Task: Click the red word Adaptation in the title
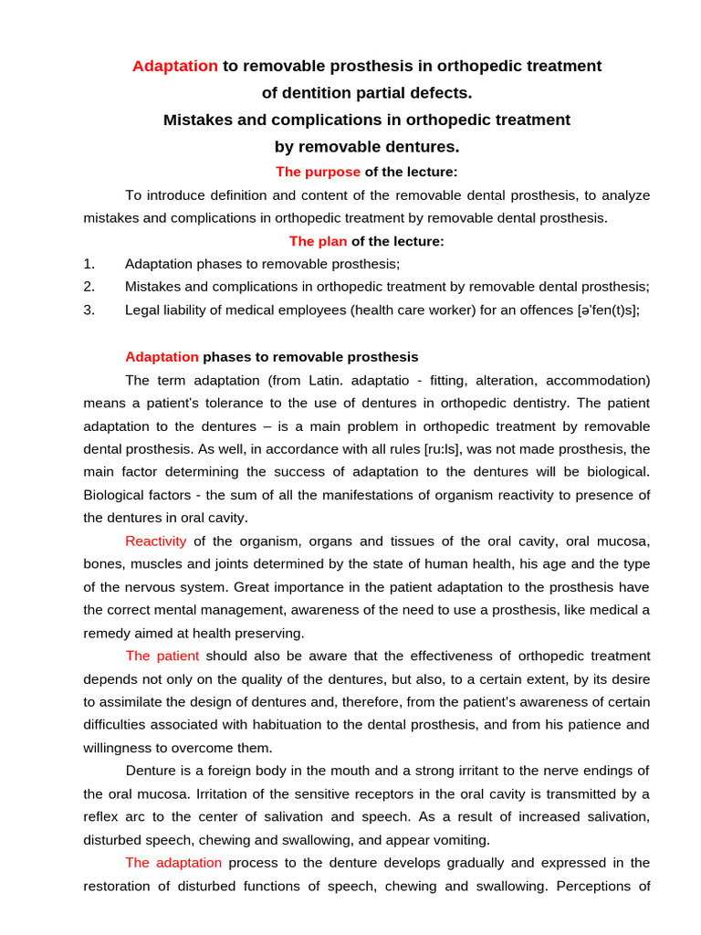tap(175, 66)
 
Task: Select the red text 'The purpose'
tap(318, 172)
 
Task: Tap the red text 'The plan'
tap(318, 241)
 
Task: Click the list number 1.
tap(89, 264)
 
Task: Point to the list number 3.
tap(89, 310)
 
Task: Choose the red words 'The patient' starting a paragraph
tap(162, 656)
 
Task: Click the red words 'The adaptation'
tap(173, 862)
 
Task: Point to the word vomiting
tap(459, 840)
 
